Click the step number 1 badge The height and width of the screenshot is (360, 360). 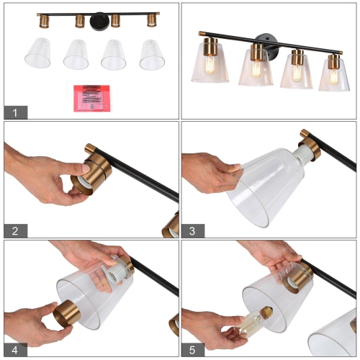pos(15,112)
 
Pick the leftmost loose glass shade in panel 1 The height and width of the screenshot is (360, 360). pos(37,53)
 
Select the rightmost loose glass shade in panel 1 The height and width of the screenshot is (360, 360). pos(152,54)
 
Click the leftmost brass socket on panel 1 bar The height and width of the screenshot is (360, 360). pos(43,20)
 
